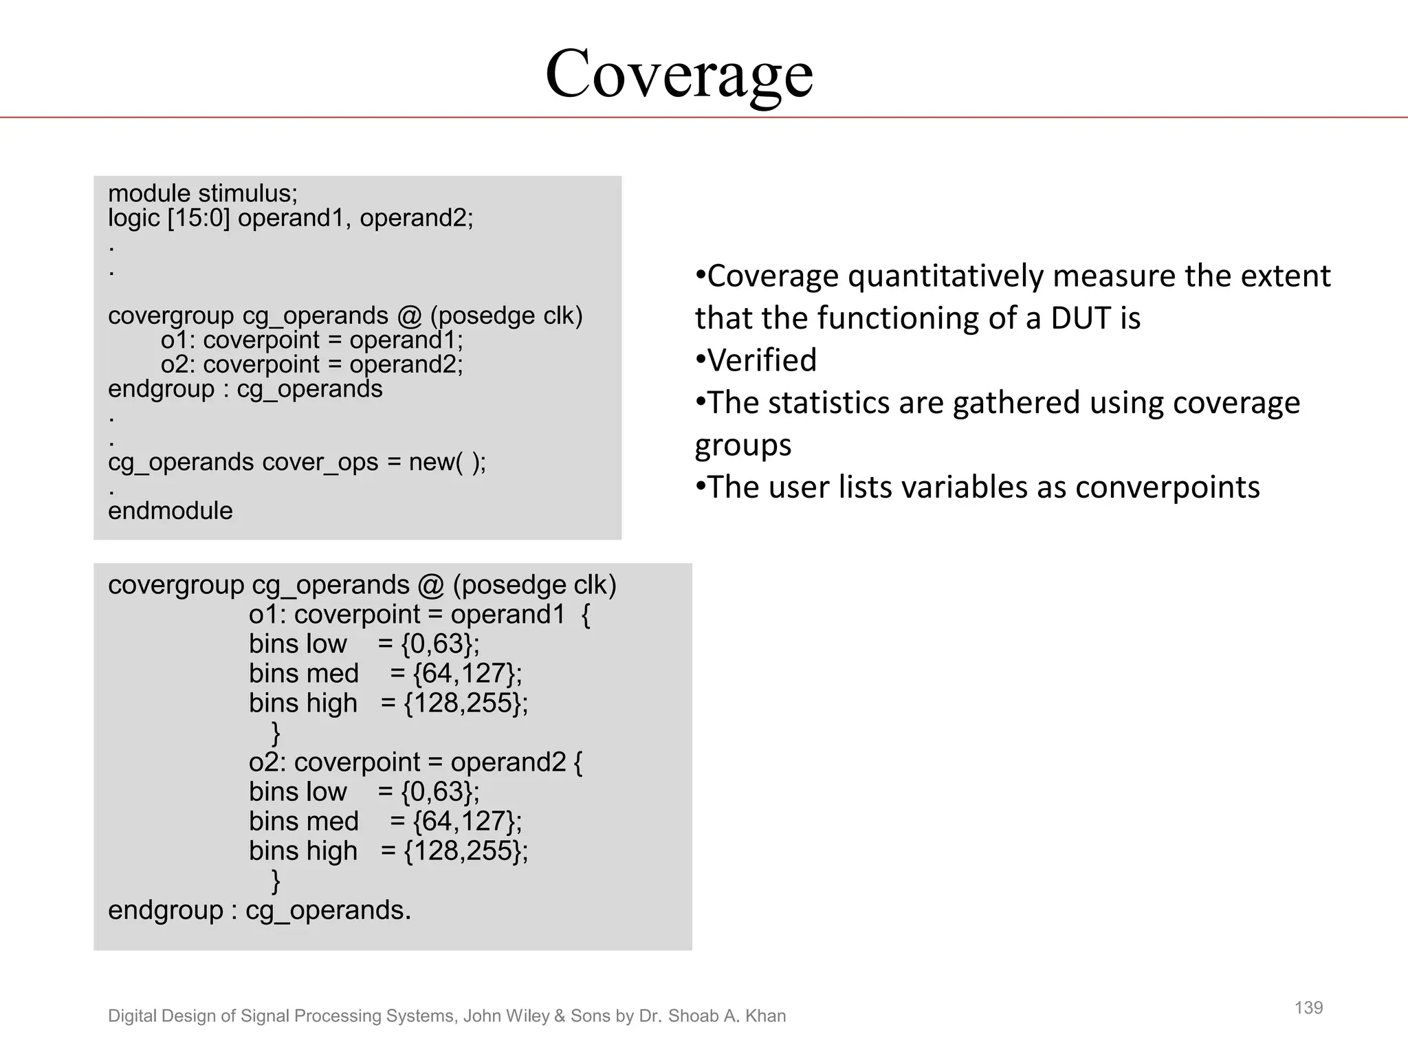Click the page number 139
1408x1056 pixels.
[1308, 1008]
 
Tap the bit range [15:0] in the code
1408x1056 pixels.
[199, 219]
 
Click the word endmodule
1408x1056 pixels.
[170, 511]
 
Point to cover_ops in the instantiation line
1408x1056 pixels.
[320, 462]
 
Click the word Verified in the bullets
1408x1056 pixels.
[762, 360]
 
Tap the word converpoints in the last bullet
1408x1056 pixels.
[1167, 487]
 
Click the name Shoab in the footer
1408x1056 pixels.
[694, 1016]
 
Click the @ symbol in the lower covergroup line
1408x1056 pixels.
[430, 585]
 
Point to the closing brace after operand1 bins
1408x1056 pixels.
[276, 733]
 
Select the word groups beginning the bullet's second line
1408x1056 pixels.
[742, 445]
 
